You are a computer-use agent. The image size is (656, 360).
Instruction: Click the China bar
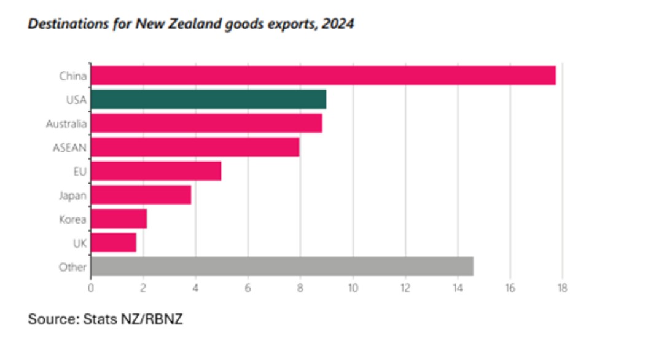323,76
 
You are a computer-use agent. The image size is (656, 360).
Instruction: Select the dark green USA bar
208,100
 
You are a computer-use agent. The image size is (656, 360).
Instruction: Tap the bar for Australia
206,123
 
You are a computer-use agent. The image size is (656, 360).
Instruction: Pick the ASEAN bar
195,147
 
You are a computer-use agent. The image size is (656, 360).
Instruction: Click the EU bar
156,171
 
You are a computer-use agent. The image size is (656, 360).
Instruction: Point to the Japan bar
141,195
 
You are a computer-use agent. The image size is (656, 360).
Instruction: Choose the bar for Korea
119,219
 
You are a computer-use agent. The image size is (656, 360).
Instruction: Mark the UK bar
113,243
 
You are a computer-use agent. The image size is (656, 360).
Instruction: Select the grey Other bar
282,267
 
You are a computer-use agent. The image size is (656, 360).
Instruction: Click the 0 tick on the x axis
91,287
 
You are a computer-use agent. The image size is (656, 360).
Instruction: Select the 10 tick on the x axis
353,287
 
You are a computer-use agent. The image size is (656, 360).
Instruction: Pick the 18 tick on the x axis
561,287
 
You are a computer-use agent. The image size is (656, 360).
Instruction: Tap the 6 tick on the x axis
248,287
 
